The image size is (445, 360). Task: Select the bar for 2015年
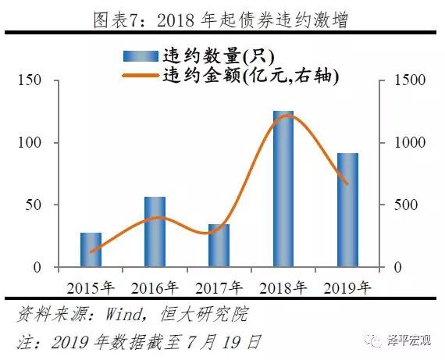pyautogui.click(x=91, y=250)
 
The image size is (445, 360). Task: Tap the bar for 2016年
pyautogui.click(x=155, y=232)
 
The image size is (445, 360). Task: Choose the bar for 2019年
pyautogui.click(x=347, y=210)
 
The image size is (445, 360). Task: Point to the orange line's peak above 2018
pyautogui.click(x=286, y=116)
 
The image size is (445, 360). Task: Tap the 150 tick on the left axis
pyautogui.click(x=32, y=80)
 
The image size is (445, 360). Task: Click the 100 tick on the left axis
pyautogui.click(x=32, y=143)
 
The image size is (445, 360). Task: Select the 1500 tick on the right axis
pyautogui.click(x=404, y=80)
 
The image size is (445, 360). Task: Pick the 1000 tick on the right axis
pyautogui.click(x=404, y=143)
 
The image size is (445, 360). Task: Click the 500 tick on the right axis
pyautogui.click(x=400, y=205)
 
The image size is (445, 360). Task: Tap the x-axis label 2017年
pyautogui.click(x=219, y=287)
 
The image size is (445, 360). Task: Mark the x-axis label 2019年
pyautogui.click(x=347, y=287)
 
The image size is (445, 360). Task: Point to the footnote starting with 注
pyautogui.click(x=137, y=342)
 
